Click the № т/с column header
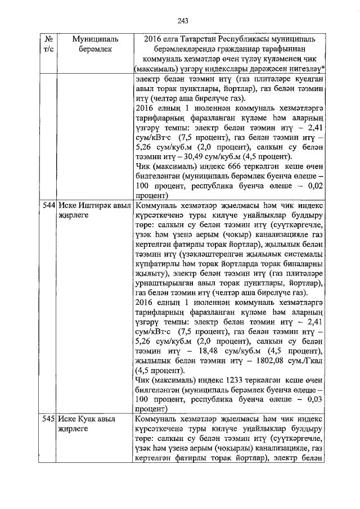pos(48,44)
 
